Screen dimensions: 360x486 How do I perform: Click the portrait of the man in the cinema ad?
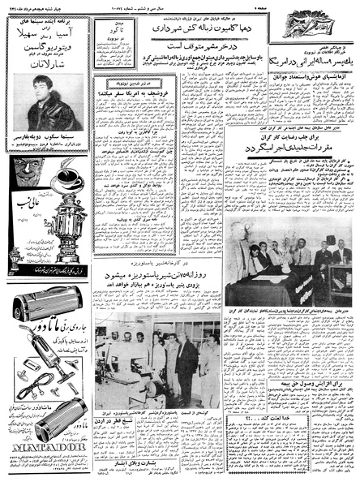point(36,108)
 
